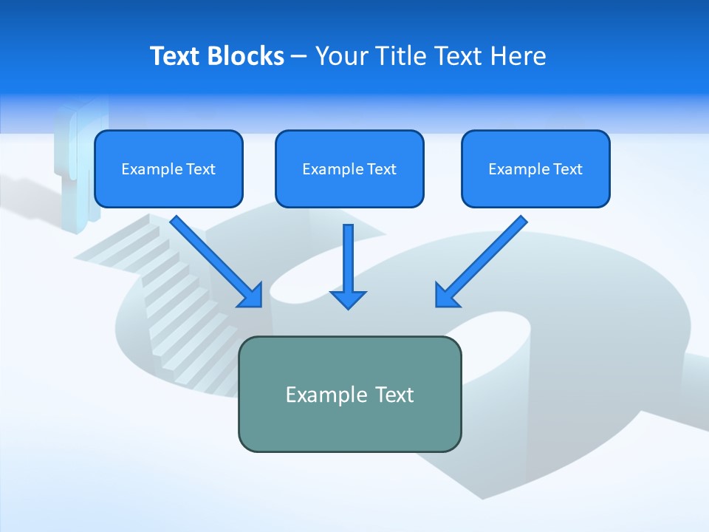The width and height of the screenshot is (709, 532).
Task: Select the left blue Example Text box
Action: (x=168, y=168)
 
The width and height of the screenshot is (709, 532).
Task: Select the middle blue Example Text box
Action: (x=349, y=168)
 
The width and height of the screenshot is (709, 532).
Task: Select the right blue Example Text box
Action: (x=535, y=168)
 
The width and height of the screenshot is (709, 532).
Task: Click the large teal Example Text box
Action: (x=349, y=394)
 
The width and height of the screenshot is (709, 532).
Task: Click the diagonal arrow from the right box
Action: (x=484, y=258)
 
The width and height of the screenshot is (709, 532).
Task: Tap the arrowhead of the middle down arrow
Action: (x=348, y=299)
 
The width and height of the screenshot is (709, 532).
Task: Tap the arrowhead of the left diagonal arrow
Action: (x=250, y=295)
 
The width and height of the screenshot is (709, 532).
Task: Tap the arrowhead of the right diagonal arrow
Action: (x=446, y=295)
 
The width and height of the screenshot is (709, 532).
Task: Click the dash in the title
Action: (x=299, y=56)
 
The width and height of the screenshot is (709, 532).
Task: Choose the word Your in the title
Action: (x=341, y=56)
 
